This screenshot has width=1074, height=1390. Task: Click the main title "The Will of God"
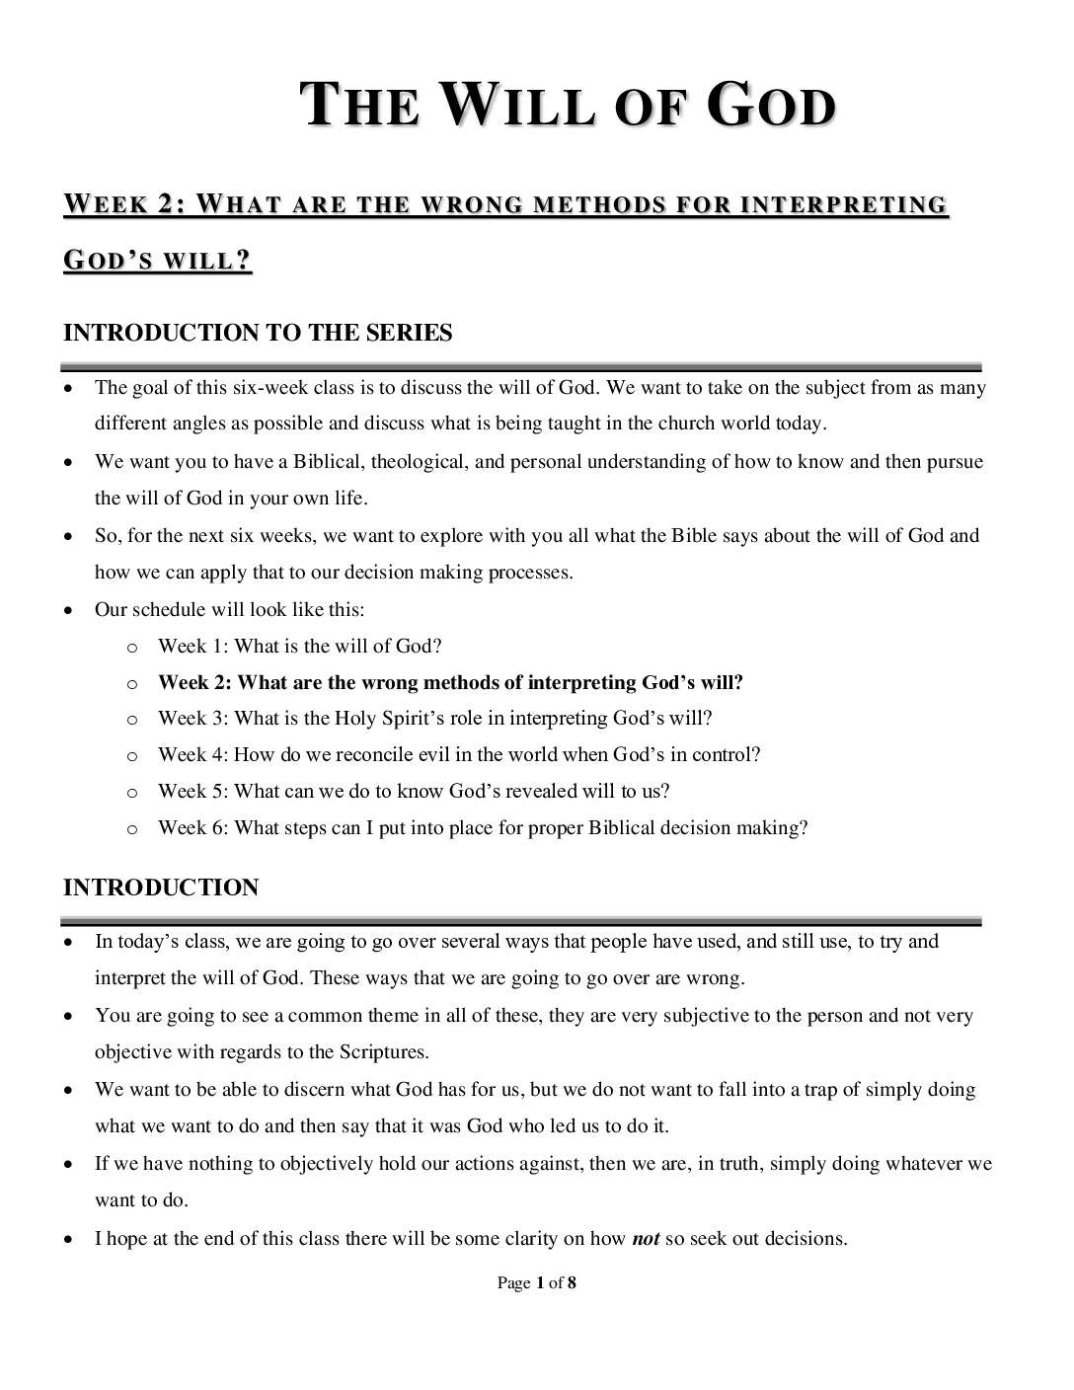570,107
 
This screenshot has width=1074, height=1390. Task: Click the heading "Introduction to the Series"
258,333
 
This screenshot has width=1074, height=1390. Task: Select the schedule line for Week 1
299,646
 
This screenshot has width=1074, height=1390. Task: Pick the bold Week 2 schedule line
450,682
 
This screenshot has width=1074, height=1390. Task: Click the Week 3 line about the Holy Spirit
434,718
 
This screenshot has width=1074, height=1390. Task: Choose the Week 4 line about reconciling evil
459,754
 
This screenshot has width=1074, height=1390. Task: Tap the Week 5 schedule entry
414,791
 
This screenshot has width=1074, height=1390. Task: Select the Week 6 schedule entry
483,827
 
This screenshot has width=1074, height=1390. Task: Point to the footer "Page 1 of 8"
536,1283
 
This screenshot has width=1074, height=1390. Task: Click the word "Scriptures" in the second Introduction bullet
383,1051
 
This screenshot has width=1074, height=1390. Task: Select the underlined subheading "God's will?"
158,261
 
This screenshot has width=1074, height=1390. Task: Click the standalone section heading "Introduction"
161,888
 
